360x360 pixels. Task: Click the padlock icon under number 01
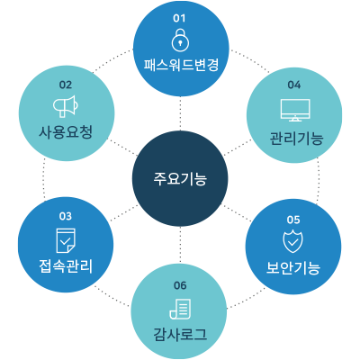180,40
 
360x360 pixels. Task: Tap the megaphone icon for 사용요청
66,106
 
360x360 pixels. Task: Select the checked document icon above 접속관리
66,240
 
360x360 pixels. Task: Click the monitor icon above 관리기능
295,110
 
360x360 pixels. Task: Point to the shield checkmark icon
293,242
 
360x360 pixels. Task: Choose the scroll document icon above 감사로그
180,309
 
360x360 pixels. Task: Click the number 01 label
179,18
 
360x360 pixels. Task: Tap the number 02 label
66,85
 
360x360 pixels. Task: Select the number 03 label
66,216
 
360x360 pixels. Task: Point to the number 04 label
294,85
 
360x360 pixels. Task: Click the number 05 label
293,220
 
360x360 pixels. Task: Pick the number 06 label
180,285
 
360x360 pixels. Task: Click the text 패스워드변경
181,65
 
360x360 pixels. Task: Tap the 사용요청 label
66,132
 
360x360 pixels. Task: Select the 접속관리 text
66,266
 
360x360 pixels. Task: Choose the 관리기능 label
296,139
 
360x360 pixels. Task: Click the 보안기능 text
293,268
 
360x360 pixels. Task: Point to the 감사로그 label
180,334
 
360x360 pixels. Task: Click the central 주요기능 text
180,179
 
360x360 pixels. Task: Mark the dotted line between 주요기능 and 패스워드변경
180,113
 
